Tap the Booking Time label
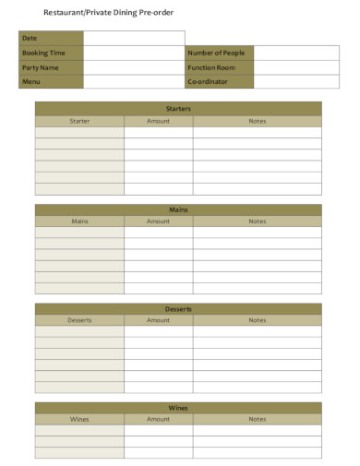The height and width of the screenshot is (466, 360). point(43,53)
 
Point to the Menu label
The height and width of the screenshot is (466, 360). point(31,81)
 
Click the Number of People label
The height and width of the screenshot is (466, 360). point(216,53)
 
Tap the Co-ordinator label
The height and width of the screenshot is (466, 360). point(208,81)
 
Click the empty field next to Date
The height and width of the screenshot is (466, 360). point(134,38)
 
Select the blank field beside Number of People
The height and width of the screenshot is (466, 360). point(288,53)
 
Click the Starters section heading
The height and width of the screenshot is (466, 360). point(178,109)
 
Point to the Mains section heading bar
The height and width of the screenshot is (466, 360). point(178,209)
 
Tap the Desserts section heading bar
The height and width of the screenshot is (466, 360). point(178,309)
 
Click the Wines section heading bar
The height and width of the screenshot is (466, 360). point(178,408)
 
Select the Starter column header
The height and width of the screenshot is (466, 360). point(79,121)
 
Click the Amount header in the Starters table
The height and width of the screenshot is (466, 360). point(158,121)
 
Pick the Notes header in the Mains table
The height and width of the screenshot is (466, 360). point(257,221)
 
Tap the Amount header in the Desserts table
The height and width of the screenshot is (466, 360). point(158,320)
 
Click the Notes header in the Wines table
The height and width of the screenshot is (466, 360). point(257,419)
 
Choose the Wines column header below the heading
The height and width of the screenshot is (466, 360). point(79,419)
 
